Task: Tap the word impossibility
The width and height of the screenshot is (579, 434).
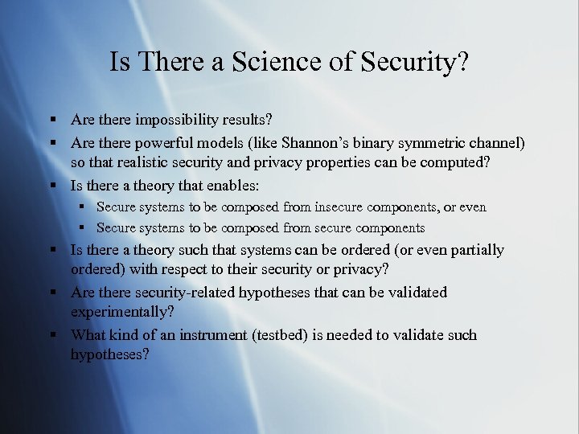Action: (x=176, y=121)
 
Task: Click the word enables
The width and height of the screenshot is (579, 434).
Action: (x=233, y=185)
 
